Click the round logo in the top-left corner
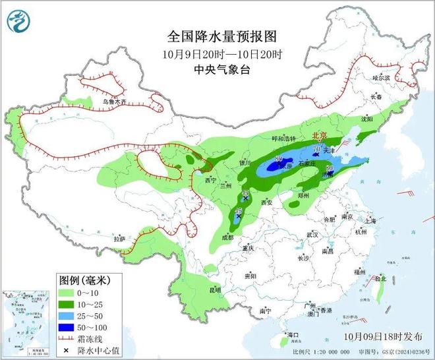click(x=19, y=22)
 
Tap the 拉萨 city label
click(x=119, y=239)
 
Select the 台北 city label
click(x=380, y=279)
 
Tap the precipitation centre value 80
click(x=279, y=159)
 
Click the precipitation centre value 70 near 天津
click(x=316, y=150)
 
